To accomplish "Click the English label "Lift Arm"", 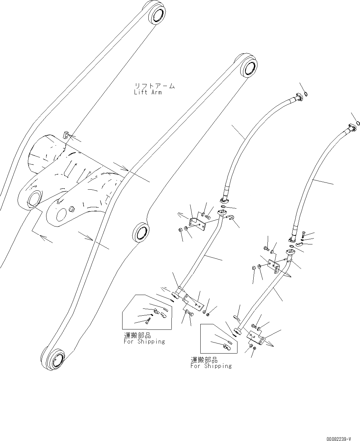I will (x=148, y=92).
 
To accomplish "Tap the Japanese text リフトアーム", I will (x=154, y=86).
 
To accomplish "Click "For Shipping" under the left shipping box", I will (x=144, y=342).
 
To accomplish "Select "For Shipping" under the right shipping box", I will (x=211, y=366).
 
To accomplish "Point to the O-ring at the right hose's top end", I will (x=358, y=123).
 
